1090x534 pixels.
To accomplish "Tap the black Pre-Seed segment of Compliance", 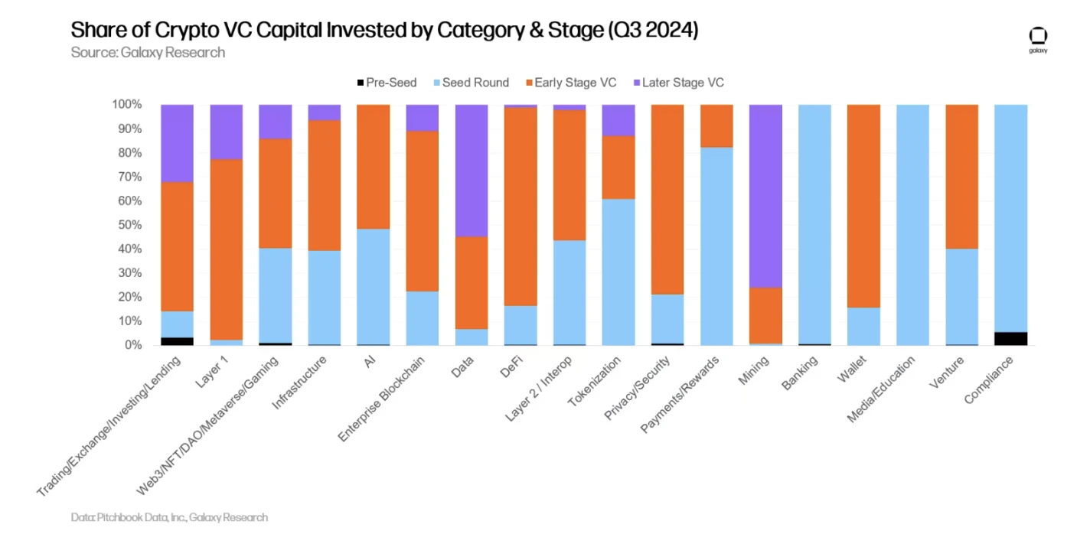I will coord(1010,338).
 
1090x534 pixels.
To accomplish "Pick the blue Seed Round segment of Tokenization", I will coord(618,272).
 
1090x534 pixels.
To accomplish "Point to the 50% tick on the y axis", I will coord(129,225).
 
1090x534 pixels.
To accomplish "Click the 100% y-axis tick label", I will coord(126,104).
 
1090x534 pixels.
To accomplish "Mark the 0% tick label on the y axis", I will coord(132,345).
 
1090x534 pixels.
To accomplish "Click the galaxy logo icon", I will coord(1038,37).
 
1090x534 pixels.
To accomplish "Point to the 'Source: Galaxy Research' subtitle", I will coord(148,52).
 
